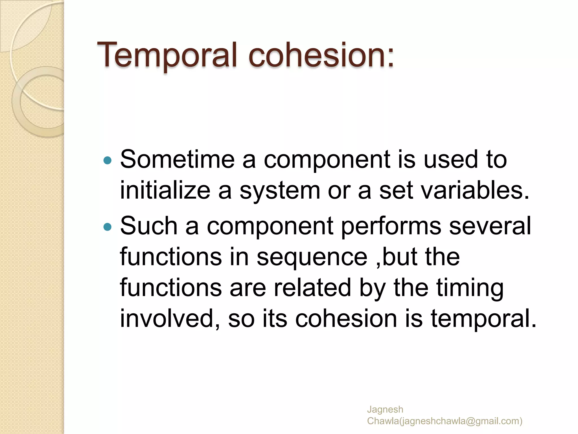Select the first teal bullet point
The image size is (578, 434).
coord(108,161)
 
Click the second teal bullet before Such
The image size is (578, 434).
coord(108,227)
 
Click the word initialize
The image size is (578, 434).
coord(165,190)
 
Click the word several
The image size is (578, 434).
coord(490,226)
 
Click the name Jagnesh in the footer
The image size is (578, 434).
coord(385,409)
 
